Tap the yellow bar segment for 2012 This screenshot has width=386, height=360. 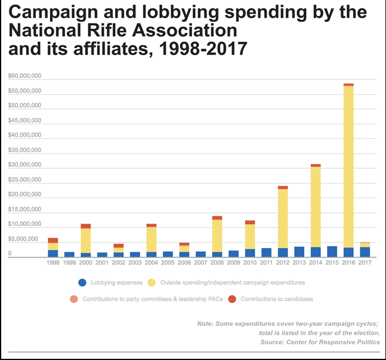point(283,218)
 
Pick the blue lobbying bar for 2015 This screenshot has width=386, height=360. point(332,251)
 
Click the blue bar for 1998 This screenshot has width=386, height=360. point(53,254)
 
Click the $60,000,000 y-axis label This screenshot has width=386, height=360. point(24,76)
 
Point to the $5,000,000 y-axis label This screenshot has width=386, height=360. point(25,239)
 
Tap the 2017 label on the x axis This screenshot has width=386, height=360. point(365,263)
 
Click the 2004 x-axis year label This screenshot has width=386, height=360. point(152,263)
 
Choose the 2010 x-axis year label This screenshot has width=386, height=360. point(250,263)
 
